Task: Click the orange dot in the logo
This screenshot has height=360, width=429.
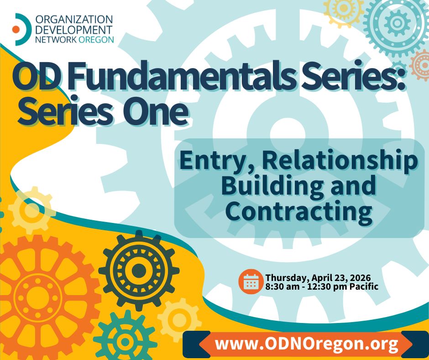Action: (x=16, y=29)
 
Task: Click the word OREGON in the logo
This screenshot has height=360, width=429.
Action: (x=96, y=39)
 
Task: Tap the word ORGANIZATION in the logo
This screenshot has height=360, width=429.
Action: (x=74, y=20)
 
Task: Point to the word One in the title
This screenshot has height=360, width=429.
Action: (x=156, y=112)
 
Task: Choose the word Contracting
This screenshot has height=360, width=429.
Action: (x=299, y=211)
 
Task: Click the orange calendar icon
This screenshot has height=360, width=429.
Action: (x=251, y=281)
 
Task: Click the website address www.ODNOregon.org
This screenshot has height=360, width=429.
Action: (x=306, y=344)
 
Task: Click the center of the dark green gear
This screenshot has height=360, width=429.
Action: (x=139, y=270)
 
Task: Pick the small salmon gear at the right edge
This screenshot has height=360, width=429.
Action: (x=421, y=65)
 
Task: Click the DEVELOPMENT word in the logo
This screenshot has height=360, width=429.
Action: (x=74, y=30)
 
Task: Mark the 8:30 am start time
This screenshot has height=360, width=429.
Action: (x=282, y=287)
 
